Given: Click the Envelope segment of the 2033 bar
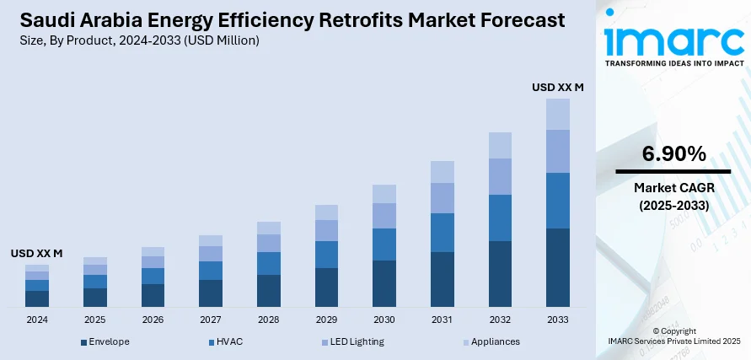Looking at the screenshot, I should coord(557,266).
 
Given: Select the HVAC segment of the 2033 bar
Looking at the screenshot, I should coord(557,201).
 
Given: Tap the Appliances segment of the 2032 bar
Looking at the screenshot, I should coord(500,145).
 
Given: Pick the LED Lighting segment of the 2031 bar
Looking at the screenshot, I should coord(442,198).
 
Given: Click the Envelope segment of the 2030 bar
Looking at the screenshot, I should coord(384,282).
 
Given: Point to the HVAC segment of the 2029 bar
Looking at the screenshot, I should coord(326,255).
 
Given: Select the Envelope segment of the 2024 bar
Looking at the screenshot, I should coord(37,298).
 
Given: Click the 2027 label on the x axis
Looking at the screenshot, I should coord(211,320).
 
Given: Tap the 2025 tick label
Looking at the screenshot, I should coord(95,320).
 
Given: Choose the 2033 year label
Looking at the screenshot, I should coord(557,320).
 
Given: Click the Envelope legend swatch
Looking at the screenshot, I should coord(84,342).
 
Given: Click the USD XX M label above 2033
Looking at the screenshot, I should coord(557,87).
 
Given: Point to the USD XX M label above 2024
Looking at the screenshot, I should coord(37,253).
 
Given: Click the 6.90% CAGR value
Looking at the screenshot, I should coord(673,153).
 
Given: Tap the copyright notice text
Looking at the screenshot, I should coord(673,336).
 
